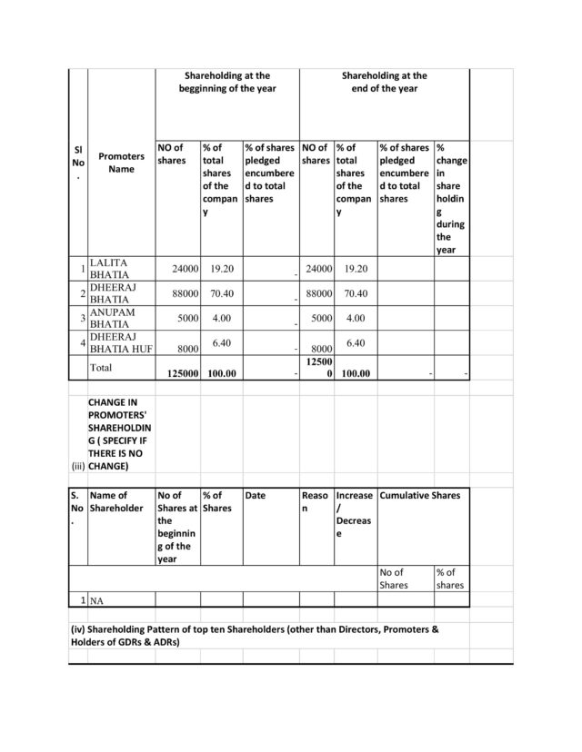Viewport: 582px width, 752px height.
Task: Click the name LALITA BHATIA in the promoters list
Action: [108, 268]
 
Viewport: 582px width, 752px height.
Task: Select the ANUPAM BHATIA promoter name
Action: [108, 318]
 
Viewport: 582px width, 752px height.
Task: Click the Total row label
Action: [101, 368]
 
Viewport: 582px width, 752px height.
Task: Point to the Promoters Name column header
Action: [121, 163]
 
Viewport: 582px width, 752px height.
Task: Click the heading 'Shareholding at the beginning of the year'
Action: [226, 83]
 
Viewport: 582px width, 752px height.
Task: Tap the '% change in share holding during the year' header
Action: [449, 198]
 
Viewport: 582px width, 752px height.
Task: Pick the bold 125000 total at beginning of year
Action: [178, 373]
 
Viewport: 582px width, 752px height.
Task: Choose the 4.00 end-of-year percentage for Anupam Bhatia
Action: [356, 318]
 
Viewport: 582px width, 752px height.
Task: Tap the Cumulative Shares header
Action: [419, 496]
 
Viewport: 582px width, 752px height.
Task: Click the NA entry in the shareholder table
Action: [95, 601]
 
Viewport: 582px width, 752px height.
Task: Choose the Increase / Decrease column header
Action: [354, 515]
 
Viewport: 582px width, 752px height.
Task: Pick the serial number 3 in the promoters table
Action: [82, 318]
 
